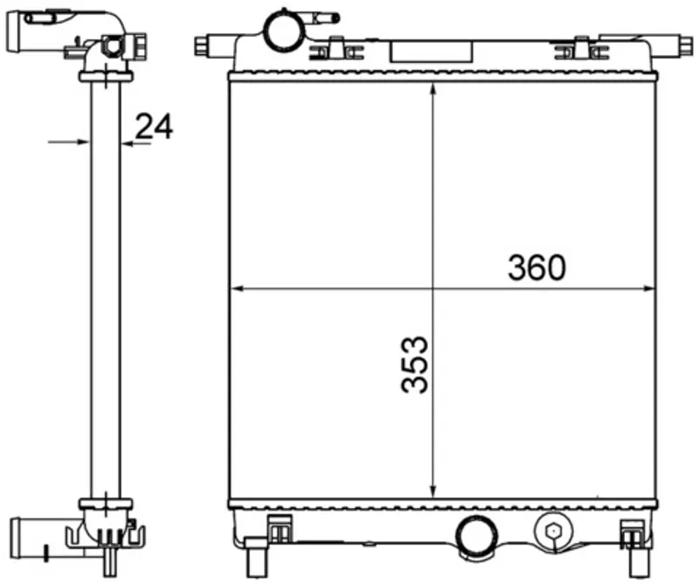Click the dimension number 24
pyautogui.click(x=154, y=126)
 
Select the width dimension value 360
pyautogui.click(x=536, y=268)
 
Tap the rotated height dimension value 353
pyautogui.click(x=414, y=365)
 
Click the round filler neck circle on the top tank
pyautogui.click(x=283, y=30)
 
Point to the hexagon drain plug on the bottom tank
pyautogui.click(x=553, y=531)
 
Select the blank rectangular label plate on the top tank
pyautogui.click(x=431, y=52)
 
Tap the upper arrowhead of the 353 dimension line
pyautogui.click(x=433, y=89)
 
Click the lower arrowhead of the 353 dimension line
pyautogui.click(x=433, y=490)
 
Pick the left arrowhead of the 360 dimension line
pyautogui.click(x=237, y=289)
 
